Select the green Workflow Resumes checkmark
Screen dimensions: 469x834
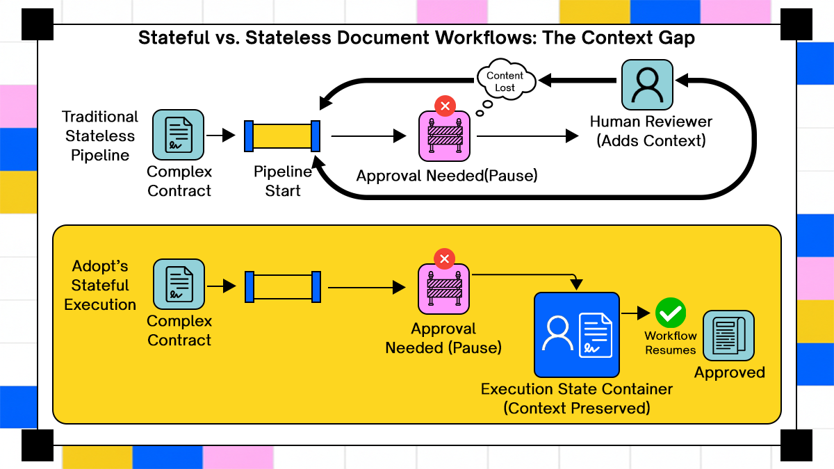point(671,313)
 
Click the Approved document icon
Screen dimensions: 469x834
point(728,336)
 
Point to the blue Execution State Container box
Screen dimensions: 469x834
point(576,334)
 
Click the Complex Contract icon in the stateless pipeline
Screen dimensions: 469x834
point(179,135)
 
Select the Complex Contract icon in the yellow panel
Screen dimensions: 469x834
point(179,285)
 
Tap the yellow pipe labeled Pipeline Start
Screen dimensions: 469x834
point(282,135)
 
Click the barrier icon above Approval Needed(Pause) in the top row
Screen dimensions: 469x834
point(445,136)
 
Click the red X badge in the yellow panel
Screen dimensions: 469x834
point(444,260)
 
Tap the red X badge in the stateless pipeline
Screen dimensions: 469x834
point(445,106)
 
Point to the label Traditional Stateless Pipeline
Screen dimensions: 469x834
point(100,136)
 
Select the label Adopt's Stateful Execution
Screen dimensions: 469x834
point(100,286)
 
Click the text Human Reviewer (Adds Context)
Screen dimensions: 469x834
point(651,131)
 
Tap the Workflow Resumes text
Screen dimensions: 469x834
point(671,343)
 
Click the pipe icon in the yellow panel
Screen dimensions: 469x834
point(282,287)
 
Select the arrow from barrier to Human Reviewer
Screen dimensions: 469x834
point(528,136)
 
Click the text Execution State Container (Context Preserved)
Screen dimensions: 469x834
point(577,399)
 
